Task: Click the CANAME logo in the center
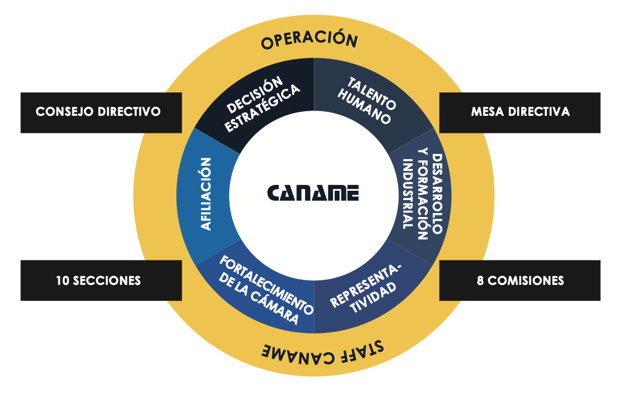coord(313,193)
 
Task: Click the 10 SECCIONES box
coord(100,280)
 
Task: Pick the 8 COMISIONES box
coord(519,280)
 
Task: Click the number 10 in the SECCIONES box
coord(63,281)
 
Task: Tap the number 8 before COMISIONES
coord(480,281)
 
